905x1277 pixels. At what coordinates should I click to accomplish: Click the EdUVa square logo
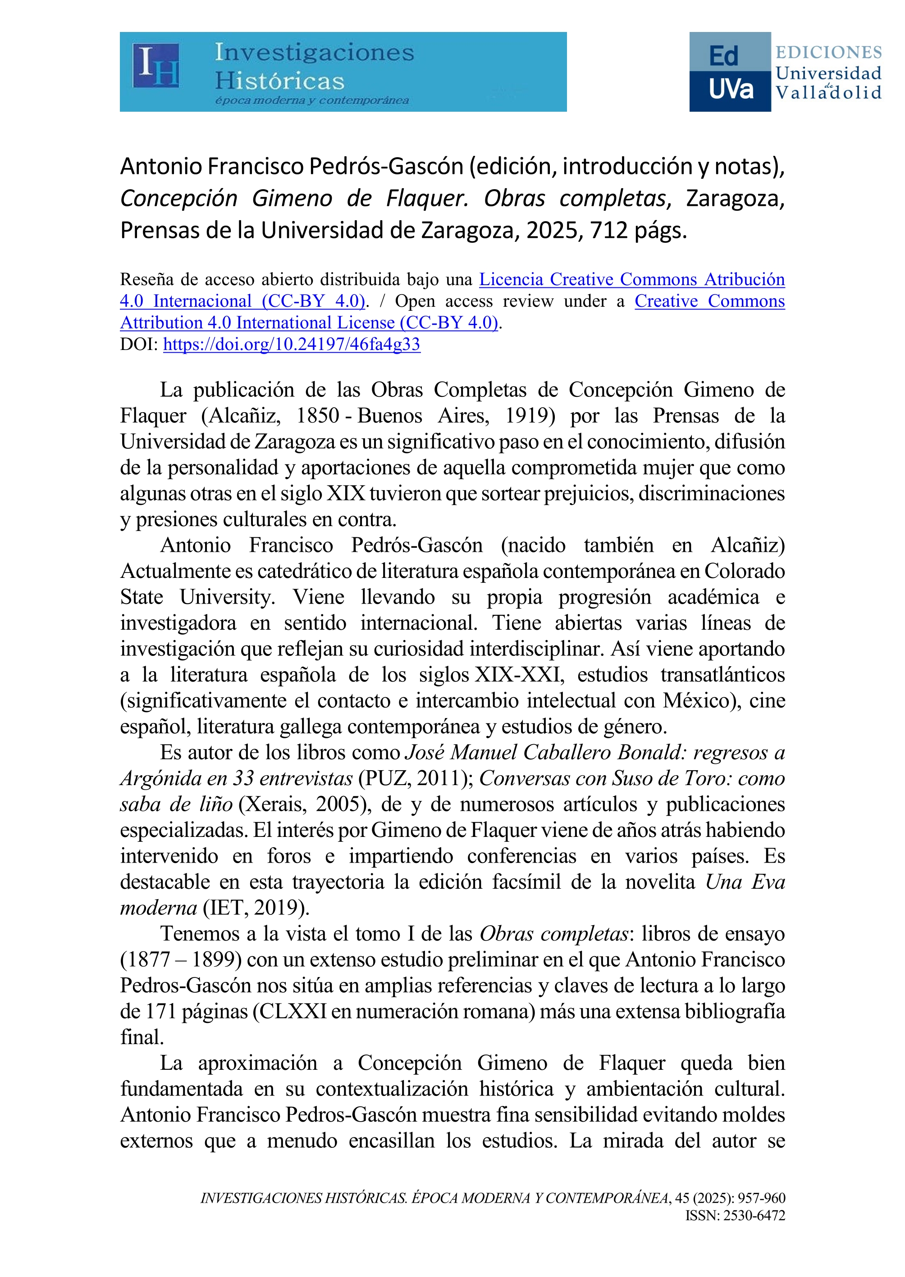[x=730, y=72]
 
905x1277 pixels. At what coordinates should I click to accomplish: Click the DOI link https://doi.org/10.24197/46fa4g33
[x=292, y=345]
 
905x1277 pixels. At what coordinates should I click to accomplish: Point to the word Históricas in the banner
[x=280, y=82]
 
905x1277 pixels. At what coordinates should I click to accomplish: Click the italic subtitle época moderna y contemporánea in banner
[x=312, y=101]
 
